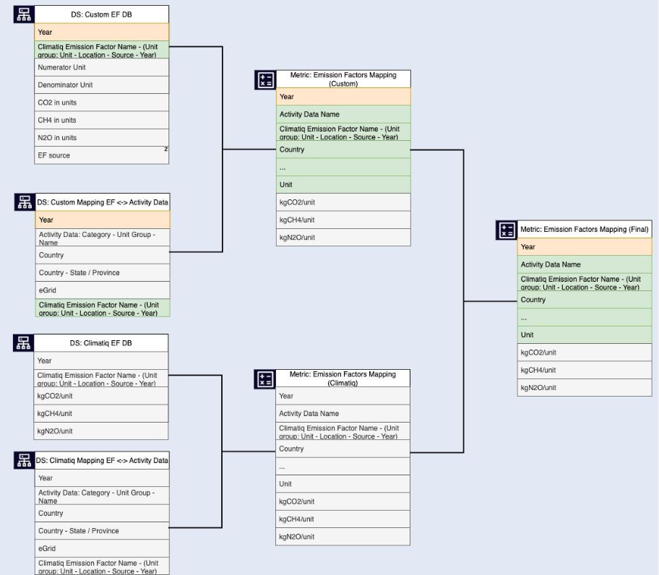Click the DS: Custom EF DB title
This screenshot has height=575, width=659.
[x=101, y=14]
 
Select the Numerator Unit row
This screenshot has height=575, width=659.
[x=101, y=67]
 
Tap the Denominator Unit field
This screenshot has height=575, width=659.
[x=101, y=85]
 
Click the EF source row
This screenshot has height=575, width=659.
[x=101, y=155]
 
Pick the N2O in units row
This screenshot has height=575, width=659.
[x=101, y=138]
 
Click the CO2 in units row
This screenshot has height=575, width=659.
[x=101, y=103]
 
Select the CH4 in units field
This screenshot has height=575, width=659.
[x=101, y=120]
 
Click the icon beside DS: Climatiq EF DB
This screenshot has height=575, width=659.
[x=24, y=342]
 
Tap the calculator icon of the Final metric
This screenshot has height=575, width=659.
[x=507, y=230]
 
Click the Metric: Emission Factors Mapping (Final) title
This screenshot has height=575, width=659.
[x=585, y=229]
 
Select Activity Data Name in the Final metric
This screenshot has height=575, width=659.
[x=585, y=264]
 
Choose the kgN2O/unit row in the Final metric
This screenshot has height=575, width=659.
[x=585, y=388]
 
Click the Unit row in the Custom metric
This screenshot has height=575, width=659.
[x=343, y=185]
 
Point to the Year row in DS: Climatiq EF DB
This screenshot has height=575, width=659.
[x=101, y=360]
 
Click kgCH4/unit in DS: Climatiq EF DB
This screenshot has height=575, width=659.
[x=101, y=413]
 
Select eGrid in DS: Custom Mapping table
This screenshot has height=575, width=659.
[x=103, y=290]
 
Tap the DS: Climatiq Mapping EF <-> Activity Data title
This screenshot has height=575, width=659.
[x=102, y=460]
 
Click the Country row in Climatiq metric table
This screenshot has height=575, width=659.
[x=343, y=449]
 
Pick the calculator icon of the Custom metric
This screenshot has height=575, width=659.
[x=265, y=79]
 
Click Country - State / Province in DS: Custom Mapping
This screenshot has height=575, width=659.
[x=103, y=272]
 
